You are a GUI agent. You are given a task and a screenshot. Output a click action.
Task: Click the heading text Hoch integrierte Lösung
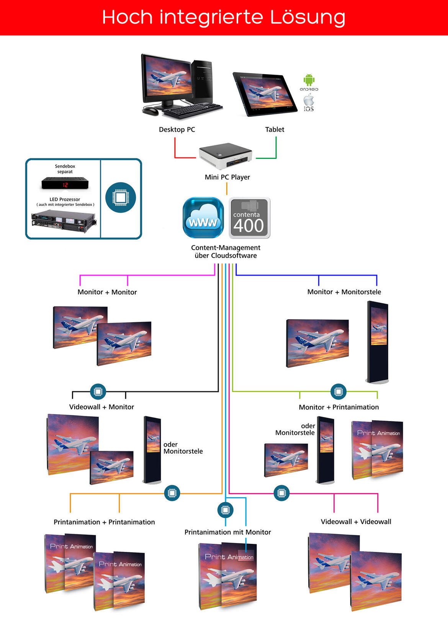(224, 17)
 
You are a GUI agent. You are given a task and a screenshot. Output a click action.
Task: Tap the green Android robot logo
(309, 80)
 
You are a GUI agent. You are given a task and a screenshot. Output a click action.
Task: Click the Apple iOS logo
(309, 101)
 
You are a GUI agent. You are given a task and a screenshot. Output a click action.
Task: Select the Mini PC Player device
(225, 156)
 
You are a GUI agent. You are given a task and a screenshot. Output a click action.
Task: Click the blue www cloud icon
(203, 218)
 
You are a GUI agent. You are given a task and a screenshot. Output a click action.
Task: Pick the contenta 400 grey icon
(250, 218)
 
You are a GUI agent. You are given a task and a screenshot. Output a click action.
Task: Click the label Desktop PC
(177, 129)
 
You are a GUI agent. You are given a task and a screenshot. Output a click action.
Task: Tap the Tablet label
(275, 129)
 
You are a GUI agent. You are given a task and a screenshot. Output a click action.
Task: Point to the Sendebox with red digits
(65, 184)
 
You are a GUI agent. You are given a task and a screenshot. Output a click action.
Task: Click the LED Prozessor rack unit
(64, 221)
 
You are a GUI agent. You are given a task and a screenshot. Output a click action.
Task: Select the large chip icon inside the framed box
(121, 197)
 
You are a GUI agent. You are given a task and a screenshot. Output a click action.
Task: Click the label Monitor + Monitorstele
(344, 292)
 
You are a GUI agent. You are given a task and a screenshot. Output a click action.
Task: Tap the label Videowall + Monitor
(101, 407)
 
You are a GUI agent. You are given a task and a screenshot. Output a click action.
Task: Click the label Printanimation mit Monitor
(227, 532)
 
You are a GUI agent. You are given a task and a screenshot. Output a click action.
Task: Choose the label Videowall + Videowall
(356, 522)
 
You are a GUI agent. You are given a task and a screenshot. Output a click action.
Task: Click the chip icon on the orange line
(172, 493)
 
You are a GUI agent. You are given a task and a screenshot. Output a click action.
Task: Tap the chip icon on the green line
(338, 392)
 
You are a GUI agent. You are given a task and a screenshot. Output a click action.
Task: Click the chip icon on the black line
(98, 392)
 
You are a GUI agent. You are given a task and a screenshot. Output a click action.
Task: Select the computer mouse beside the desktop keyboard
(151, 111)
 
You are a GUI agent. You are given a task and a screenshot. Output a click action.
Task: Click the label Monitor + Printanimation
(338, 407)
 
